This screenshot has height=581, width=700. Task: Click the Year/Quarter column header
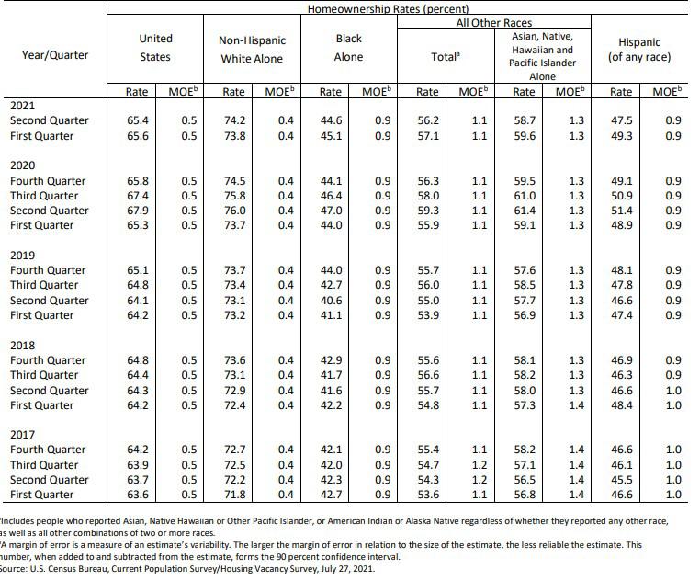click(x=55, y=54)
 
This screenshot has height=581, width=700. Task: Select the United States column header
click(x=155, y=48)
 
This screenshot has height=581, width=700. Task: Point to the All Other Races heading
click(x=493, y=22)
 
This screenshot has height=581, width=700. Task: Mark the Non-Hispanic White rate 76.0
click(x=234, y=211)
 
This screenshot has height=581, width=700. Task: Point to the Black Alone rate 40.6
click(x=330, y=301)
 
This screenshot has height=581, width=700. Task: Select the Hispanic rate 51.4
click(x=621, y=211)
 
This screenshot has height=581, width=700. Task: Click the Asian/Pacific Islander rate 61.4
click(x=524, y=211)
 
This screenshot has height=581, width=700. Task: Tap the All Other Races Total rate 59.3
click(x=427, y=211)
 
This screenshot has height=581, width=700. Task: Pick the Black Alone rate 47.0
click(x=330, y=211)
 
